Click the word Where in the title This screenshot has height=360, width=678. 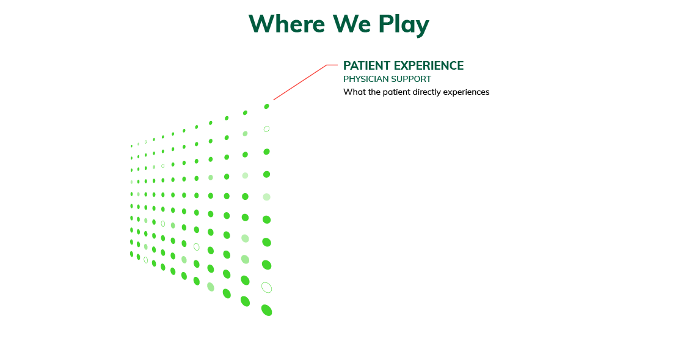point(286,23)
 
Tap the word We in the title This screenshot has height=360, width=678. point(352,23)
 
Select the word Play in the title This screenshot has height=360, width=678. point(404,24)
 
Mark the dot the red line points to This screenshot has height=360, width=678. point(266,106)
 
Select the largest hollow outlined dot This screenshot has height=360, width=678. point(267,287)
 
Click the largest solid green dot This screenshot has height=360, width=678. point(267,310)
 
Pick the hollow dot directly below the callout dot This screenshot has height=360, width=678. point(266,129)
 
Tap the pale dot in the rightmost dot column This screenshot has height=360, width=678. point(266,197)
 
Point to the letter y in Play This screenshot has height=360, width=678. point(422,28)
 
